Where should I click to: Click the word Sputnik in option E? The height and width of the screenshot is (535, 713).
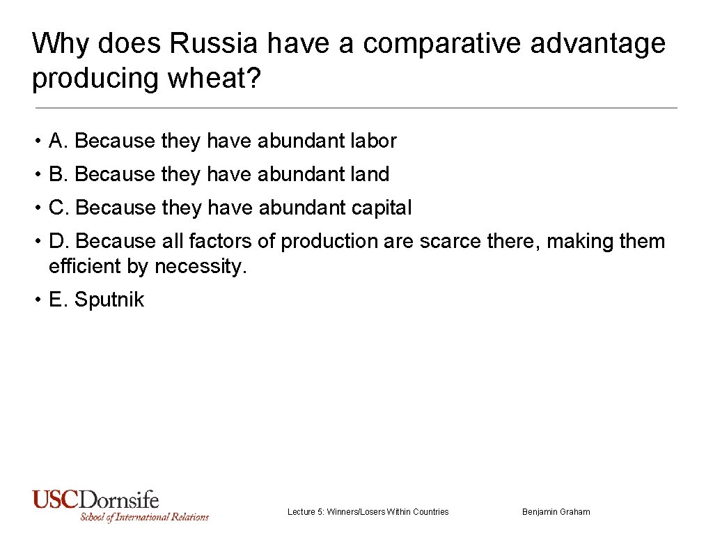click(x=109, y=300)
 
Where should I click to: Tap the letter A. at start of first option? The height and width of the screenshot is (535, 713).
click(x=58, y=141)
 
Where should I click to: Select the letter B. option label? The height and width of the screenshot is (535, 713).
click(x=58, y=174)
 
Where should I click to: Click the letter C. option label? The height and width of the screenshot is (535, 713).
click(x=59, y=208)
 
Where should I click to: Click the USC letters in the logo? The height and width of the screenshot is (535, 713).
click(x=56, y=499)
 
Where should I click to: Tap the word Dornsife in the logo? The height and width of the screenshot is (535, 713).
click(x=119, y=499)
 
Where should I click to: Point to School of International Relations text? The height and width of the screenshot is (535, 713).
click(x=144, y=517)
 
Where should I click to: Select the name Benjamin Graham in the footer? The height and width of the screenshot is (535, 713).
click(x=556, y=512)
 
